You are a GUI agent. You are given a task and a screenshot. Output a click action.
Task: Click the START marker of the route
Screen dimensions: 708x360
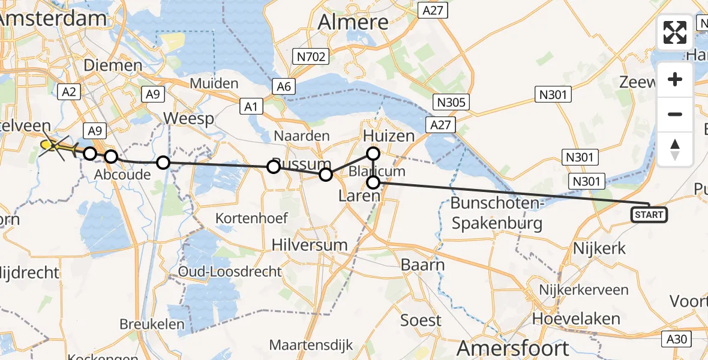tap(649, 214)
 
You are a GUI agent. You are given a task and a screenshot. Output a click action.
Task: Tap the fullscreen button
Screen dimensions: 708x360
tap(675, 32)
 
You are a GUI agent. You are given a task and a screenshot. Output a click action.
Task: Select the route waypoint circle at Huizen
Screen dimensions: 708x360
tap(373, 154)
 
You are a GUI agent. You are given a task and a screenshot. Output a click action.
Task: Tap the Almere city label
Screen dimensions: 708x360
tap(353, 22)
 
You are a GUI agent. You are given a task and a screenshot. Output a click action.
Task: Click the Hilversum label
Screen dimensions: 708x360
tap(310, 244)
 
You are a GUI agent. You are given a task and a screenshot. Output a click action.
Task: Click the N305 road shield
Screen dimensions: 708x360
tap(452, 102)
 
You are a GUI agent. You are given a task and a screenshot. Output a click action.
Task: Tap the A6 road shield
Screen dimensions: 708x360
tap(284, 87)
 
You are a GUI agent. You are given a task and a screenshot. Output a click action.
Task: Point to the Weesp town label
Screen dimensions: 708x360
tap(190, 118)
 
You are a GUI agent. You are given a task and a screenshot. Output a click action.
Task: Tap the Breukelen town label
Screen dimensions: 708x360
tap(143, 323)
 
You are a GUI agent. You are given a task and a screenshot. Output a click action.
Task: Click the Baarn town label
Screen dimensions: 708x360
tap(424, 265)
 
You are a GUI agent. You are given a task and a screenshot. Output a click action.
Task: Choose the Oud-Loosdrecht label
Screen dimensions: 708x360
tap(230, 271)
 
